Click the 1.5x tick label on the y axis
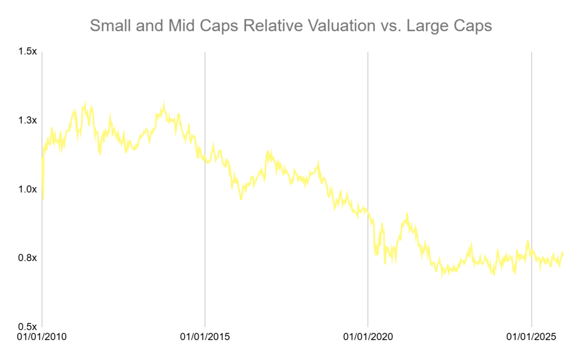coord(27,52)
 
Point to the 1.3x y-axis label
coord(27,121)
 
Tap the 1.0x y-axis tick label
coord(27,189)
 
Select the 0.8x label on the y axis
coord(27,258)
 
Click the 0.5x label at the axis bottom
coord(27,327)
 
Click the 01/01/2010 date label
coord(41,337)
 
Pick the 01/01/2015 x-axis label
coord(205,337)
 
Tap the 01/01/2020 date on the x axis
coord(368,337)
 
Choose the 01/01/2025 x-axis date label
coord(531,337)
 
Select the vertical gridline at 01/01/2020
coord(368,142)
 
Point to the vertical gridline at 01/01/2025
coord(531,142)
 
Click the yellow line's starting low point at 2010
coord(43,198)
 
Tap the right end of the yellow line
coord(563,253)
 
